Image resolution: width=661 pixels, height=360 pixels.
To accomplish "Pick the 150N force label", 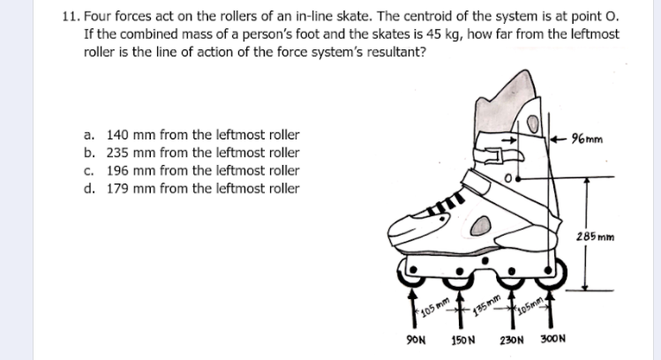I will pyautogui.click(x=464, y=341).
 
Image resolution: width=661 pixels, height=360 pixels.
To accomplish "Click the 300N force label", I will pyautogui.click(x=551, y=341).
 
